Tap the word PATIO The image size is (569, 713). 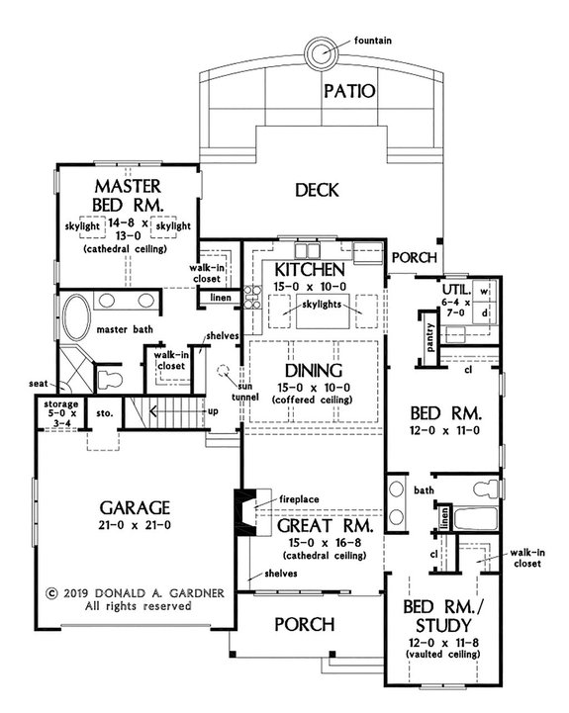(x=348, y=93)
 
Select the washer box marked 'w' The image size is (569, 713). (x=485, y=292)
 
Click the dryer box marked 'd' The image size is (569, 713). (x=485, y=313)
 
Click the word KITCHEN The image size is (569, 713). (x=309, y=270)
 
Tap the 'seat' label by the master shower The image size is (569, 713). (x=41, y=385)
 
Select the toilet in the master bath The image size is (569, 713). (x=107, y=376)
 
